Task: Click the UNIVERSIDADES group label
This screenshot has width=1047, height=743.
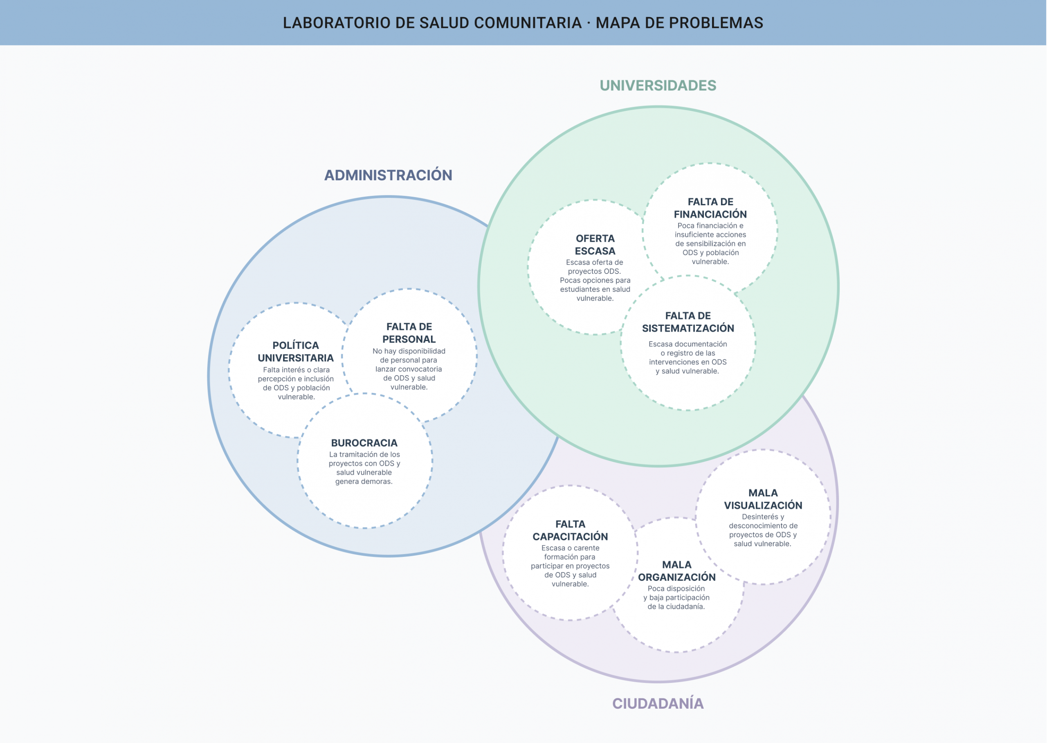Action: click(658, 85)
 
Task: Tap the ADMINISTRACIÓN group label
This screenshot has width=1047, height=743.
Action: click(388, 175)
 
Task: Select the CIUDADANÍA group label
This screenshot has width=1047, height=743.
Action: click(658, 703)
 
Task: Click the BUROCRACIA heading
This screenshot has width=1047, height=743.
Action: click(364, 443)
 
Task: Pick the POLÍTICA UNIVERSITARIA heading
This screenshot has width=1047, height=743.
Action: click(296, 351)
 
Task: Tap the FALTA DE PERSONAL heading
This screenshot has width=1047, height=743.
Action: click(409, 332)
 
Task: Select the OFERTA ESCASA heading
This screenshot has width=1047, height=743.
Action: click(595, 245)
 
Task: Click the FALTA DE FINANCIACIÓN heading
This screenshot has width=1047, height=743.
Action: click(710, 208)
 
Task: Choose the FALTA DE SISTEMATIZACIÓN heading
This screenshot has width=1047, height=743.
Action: click(688, 322)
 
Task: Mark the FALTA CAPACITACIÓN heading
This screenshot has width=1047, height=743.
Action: click(570, 530)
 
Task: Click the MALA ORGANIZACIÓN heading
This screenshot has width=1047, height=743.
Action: click(677, 571)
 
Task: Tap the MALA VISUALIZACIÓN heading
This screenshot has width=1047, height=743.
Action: click(763, 499)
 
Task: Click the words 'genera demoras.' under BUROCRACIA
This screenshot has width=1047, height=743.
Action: click(364, 481)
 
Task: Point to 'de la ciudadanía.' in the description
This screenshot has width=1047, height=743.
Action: click(676, 607)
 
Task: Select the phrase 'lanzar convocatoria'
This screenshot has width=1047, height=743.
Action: click(409, 369)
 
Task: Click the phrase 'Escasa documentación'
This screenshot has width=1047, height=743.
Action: click(688, 344)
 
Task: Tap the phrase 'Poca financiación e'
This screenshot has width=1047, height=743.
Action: click(710, 226)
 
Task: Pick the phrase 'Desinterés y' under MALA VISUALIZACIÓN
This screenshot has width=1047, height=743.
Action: click(763, 516)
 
